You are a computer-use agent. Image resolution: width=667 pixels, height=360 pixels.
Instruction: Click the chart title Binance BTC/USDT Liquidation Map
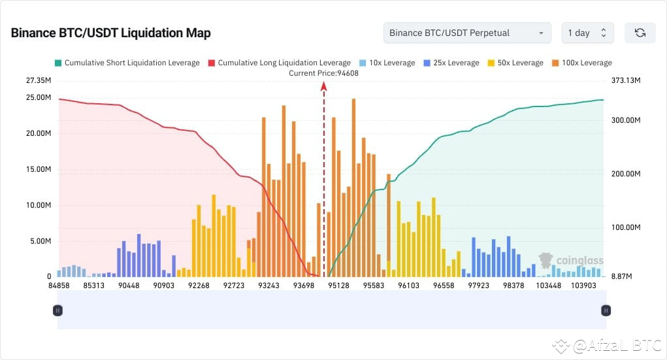click(x=110, y=33)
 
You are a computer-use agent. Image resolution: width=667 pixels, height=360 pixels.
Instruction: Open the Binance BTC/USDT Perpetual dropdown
click(x=467, y=33)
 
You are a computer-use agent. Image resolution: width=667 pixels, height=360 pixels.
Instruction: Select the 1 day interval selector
click(x=587, y=33)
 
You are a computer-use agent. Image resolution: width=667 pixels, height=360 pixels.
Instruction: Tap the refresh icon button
click(x=640, y=33)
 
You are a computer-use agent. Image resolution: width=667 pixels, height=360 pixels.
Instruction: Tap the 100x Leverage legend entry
click(x=581, y=63)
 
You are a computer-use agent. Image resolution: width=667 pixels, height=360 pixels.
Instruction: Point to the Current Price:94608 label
click(x=323, y=73)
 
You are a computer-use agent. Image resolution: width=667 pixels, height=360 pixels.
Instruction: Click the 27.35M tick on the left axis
click(x=38, y=80)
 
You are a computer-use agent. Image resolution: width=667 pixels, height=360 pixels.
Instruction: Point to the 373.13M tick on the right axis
click(x=623, y=80)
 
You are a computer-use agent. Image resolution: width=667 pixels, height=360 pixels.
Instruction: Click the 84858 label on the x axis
click(x=59, y=286)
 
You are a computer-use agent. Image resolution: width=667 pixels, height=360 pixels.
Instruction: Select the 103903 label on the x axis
click(x=583, y=286)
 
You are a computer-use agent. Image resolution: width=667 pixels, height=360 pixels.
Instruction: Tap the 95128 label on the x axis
click(x=338, y=286)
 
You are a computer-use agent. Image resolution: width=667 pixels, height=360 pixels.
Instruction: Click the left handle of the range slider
click(x=57, y=310)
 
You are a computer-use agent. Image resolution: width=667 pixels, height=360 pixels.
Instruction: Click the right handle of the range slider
click(x=606, y=310)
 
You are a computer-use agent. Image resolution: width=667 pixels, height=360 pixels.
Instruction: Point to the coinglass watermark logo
click(x=570, y=261)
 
